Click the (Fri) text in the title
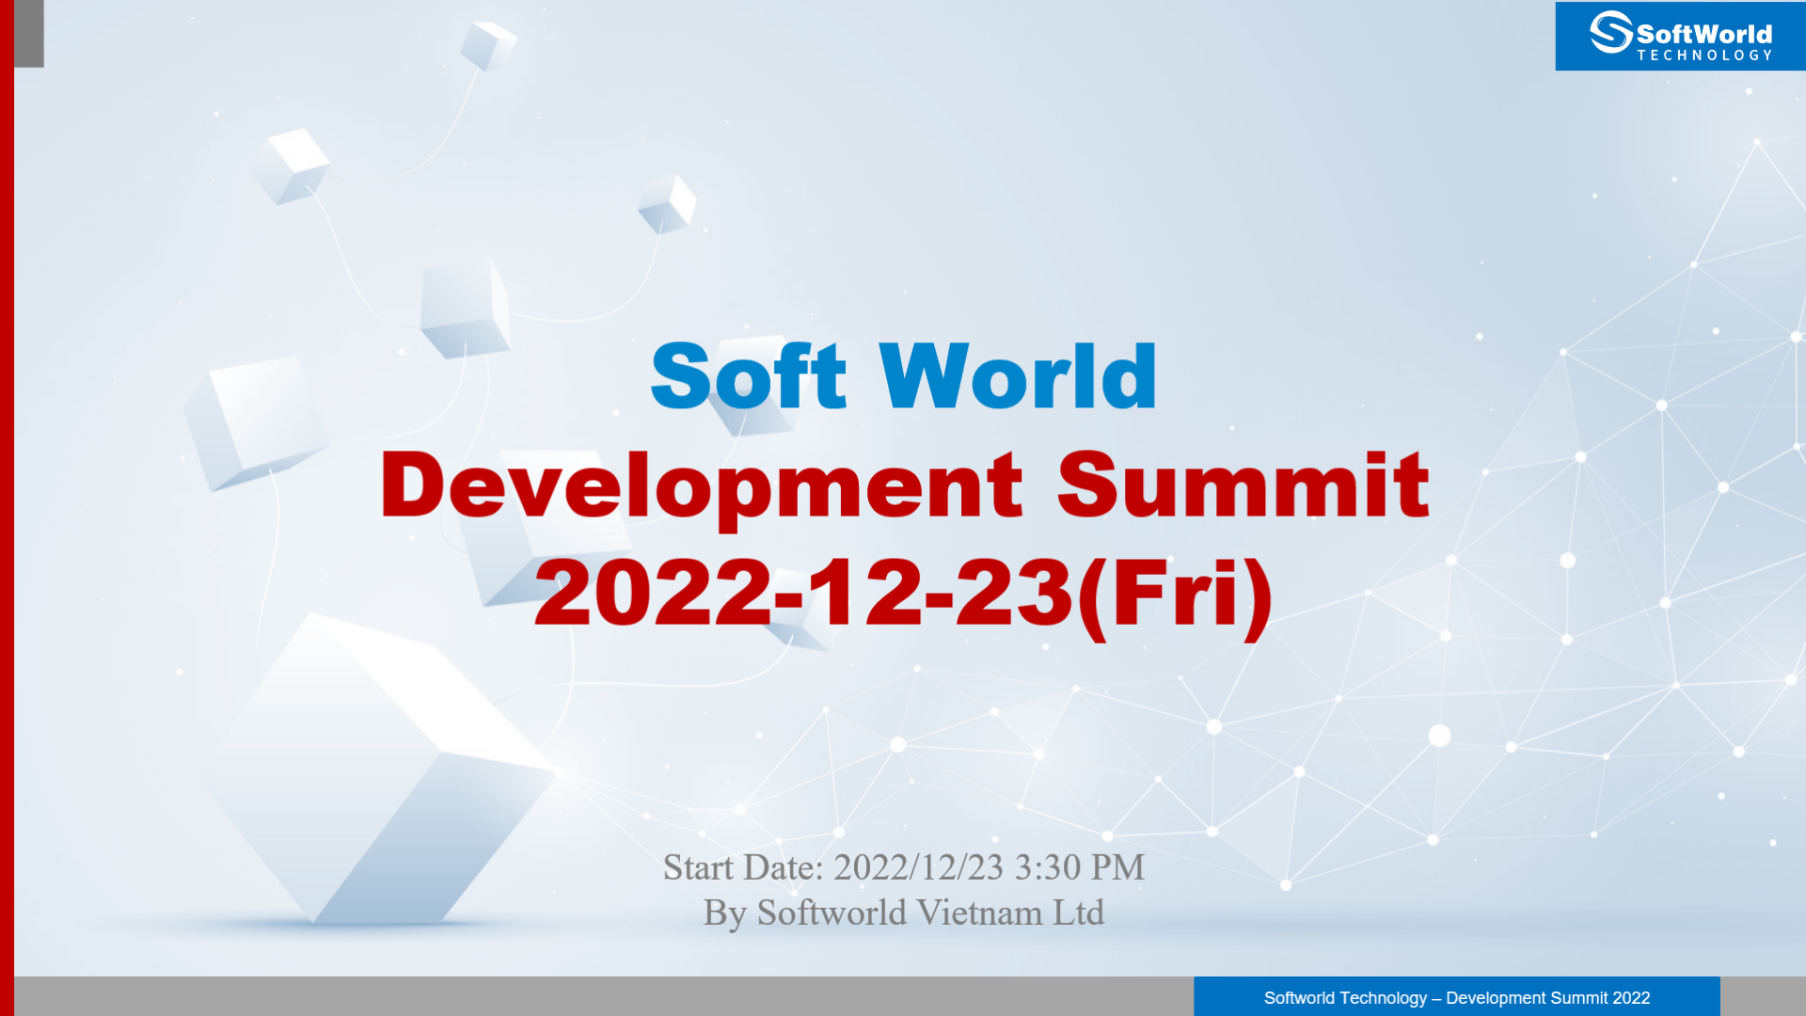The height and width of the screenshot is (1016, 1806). point(1175,595)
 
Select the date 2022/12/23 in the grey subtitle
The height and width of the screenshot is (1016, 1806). point(918,867)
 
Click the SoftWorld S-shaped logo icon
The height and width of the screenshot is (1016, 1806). point(1610,32)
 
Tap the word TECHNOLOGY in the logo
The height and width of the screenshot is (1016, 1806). point(1704,56)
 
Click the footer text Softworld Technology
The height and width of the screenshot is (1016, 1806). point(1345,998)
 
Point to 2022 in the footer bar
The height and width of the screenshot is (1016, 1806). point(1631,998)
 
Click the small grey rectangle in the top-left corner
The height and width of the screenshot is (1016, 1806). point(29,34)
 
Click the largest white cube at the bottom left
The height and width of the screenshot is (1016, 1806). point(376,771)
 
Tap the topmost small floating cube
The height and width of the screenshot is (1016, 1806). point(488,44)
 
